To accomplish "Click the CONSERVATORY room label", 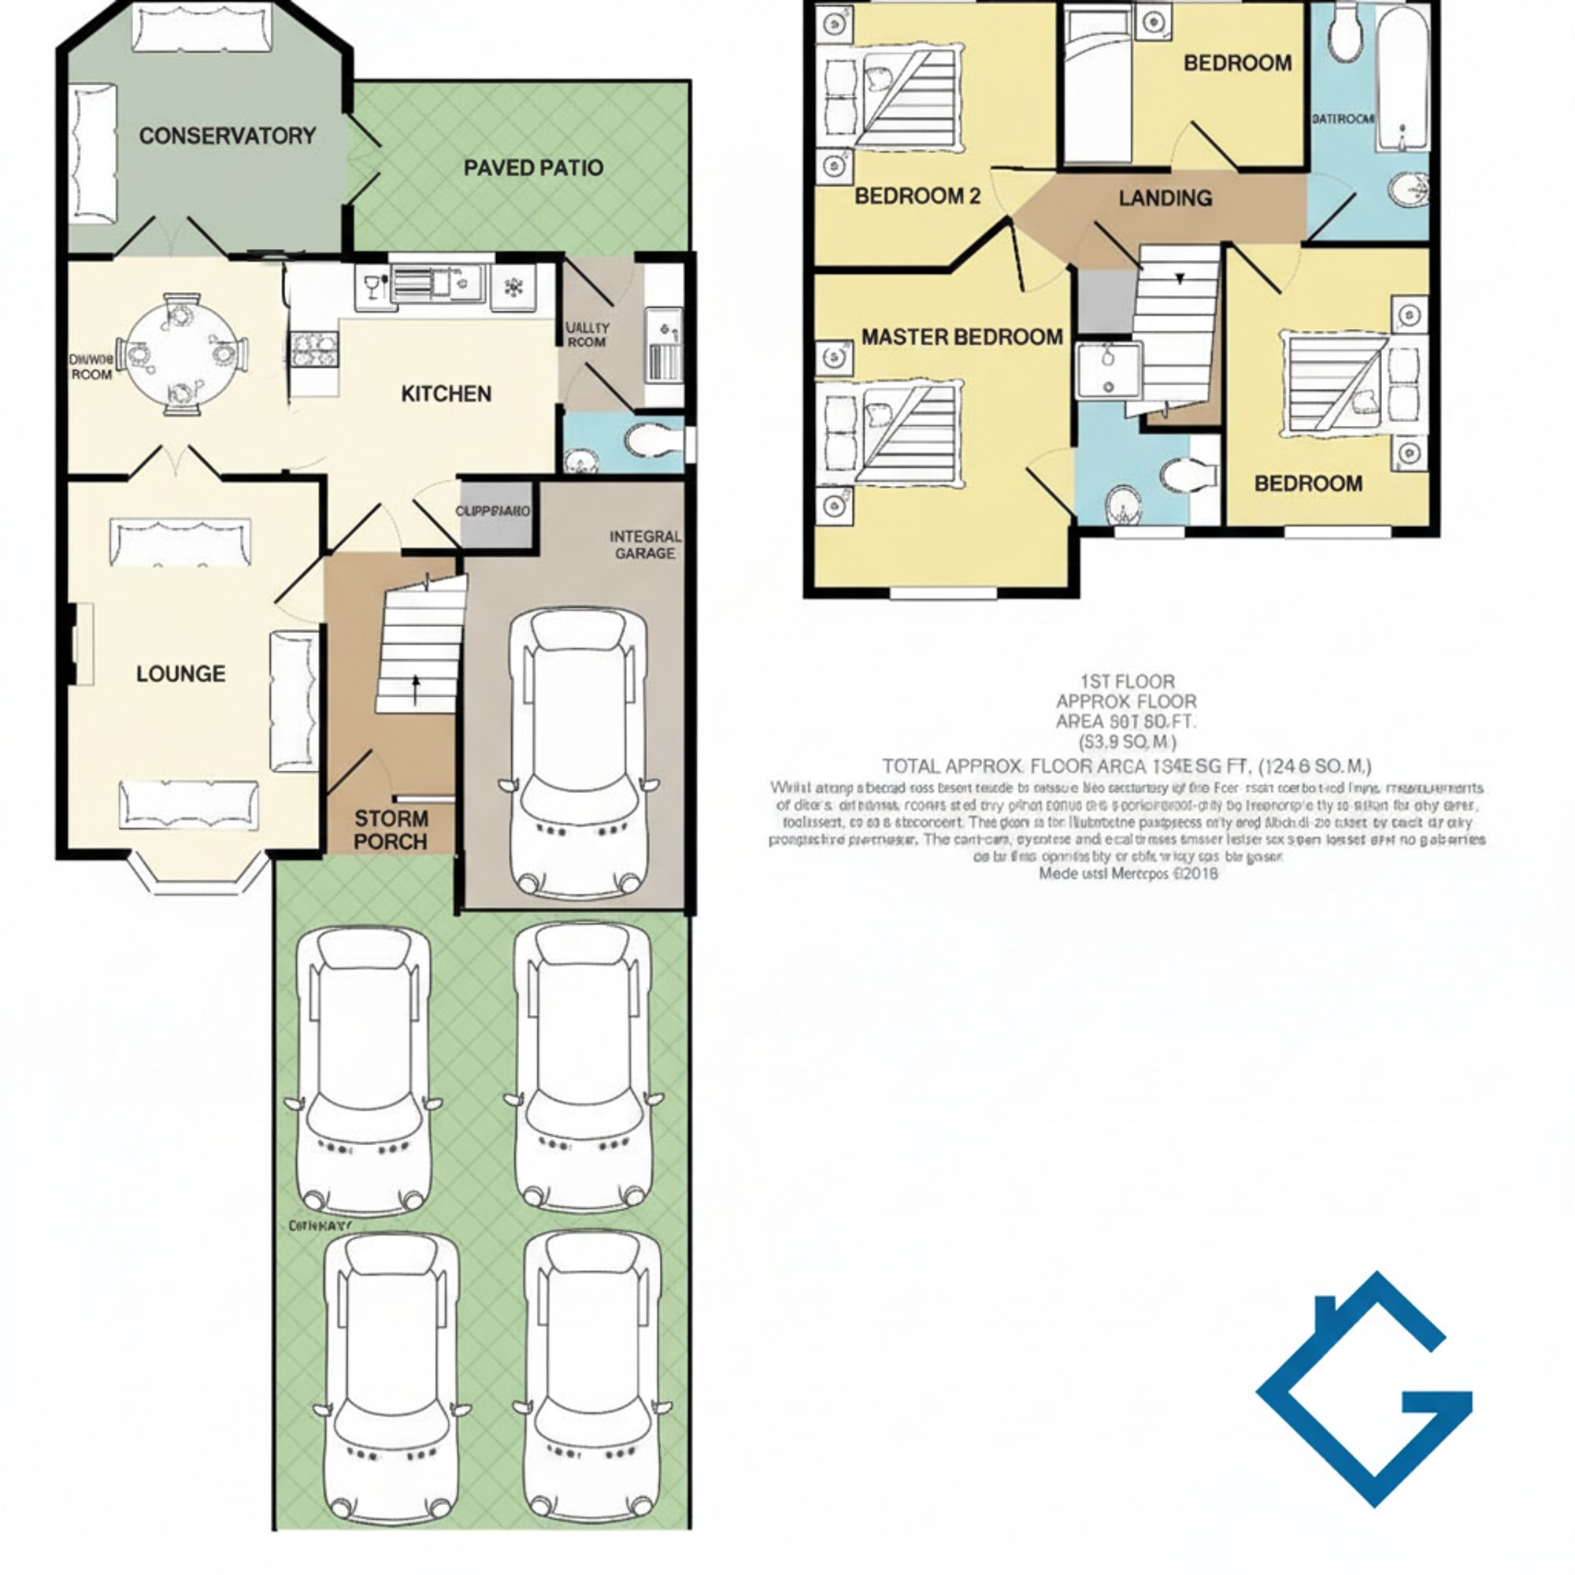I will pyautogui.click(x=227, y=135).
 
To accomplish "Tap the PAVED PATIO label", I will pyautogui.click(x=533, y=168).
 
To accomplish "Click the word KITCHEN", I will pyautogui.click(x=446, y=394).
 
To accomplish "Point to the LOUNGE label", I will pyautogui.click(x=180, y=673).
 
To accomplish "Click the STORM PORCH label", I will pyautogui.click(x=391, y=830).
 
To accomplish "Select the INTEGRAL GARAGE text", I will pyautogui.click(x=645, y=545).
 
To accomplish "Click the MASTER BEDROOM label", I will pyautogui.click(x=962, y=337).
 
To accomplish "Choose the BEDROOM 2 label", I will pyautogui.click(x=917, y=196).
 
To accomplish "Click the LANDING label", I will pyautogui.click(x=1164, y=198).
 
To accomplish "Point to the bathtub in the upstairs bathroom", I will pyautogui.click(x=1403, y=82).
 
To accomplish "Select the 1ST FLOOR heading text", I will pyautogui.click(x=1128, y=680).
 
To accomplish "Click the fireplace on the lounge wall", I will pyautogui.click(x=82, y=643).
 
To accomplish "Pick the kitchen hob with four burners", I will pyautogui.click(x=314, y=350).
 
